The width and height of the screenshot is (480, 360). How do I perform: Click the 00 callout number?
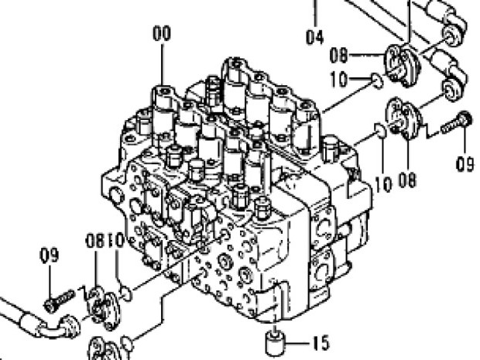(x=162, y=33)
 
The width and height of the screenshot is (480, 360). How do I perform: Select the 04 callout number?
(x=314, y=37)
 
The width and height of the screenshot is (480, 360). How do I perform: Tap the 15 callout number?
(x=321, y=342)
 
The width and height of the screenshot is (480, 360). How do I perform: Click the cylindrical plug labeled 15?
(x=275, y=342)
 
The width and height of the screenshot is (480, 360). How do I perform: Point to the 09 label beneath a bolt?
(x=465, y=164)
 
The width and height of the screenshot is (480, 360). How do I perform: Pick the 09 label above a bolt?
(x=50, y=255)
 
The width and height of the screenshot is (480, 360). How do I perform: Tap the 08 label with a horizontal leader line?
(x=339, y=56)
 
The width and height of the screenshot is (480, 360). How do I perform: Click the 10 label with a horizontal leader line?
(x=339, y=79)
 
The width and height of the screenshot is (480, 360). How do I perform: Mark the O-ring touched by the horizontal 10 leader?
(x=378, y=81)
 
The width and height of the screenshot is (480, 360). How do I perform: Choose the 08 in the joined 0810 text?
(x=95, y=241)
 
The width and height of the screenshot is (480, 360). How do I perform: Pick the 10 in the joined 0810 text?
(x=115, y=241)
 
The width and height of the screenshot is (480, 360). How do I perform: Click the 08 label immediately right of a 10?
(x=407, y=180)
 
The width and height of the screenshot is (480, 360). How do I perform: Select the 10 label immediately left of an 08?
(x=383, y=184)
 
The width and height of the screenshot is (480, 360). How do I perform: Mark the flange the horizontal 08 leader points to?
(x=403, y=65)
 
